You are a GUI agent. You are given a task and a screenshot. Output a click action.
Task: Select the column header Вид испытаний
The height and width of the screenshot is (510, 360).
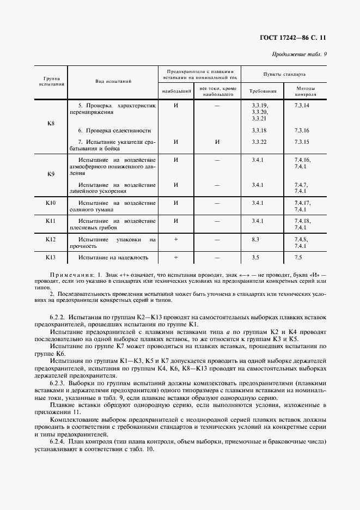point(113,81)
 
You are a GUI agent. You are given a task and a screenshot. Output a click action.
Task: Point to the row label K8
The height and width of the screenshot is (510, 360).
point(51,123)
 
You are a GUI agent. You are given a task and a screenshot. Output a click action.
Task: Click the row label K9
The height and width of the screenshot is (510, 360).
point(51,174)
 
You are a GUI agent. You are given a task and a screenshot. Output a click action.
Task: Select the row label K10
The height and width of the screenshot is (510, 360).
point(51,203)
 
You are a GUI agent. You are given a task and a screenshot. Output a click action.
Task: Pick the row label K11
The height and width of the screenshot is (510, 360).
point(51,221)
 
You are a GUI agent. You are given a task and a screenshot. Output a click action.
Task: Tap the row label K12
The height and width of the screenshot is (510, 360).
point(51,239)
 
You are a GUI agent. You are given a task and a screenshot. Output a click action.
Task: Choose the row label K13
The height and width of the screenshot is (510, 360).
point(51,257)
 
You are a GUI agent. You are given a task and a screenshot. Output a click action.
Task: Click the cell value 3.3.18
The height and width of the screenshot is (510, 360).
point(259,131)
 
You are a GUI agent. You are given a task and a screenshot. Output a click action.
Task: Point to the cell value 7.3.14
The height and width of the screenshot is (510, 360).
point(302,105)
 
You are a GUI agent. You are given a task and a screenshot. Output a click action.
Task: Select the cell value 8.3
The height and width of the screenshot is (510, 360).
point(256,239)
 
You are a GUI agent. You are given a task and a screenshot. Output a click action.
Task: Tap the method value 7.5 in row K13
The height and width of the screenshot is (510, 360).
point(298,257)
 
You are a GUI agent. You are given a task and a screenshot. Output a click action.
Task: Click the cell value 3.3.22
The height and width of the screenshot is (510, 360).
point(259,142)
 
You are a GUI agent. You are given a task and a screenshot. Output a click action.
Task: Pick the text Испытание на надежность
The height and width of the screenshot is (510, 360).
point(113,257)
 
